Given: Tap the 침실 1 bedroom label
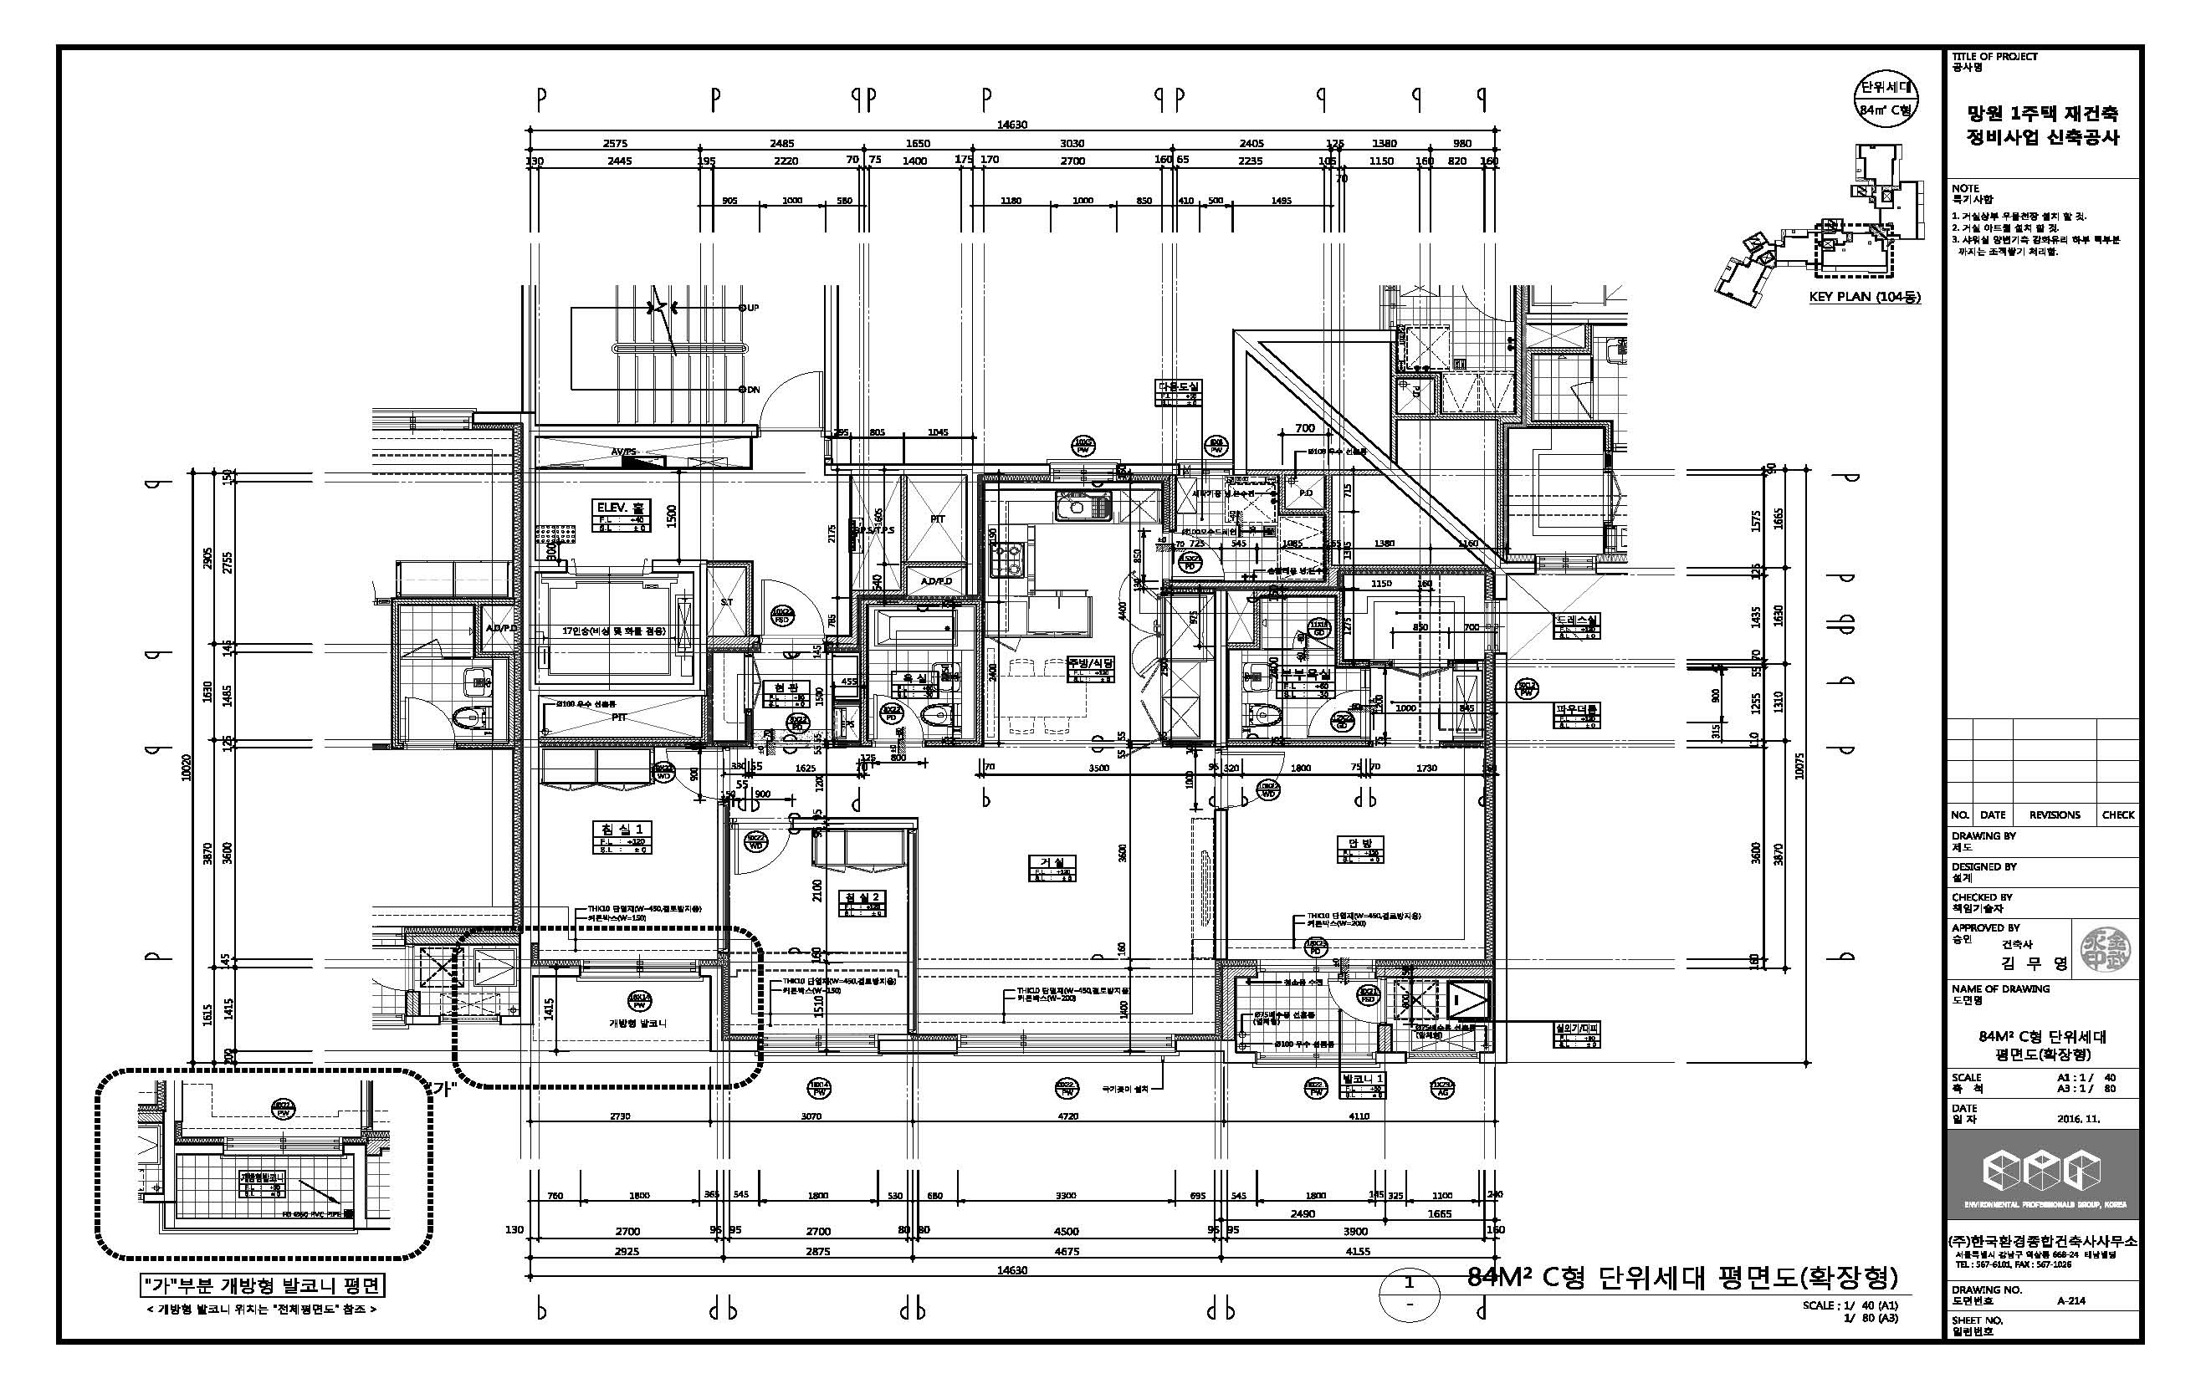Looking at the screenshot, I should tap(622, 829).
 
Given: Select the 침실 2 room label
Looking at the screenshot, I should tap(862, 897).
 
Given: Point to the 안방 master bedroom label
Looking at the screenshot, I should tap(1361, 844).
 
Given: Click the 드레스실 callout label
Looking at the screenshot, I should tap(1577, 620).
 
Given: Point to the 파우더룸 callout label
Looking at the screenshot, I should tap(1577, 709).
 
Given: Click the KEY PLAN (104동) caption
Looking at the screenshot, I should tap(1865, 297).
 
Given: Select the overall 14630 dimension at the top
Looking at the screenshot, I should tap(1012, 125).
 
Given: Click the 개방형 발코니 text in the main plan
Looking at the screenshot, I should tap(637, 1023).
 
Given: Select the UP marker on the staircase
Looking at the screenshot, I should tap(751, 308).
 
